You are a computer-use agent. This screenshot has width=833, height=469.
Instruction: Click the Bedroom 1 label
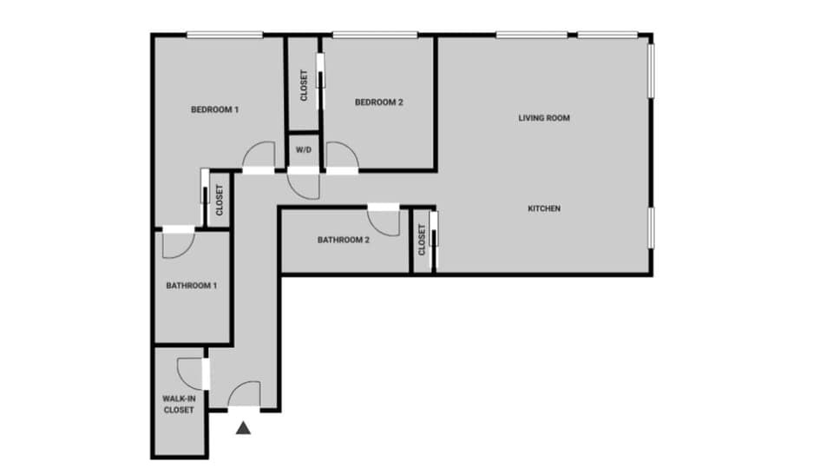tap(214, 110)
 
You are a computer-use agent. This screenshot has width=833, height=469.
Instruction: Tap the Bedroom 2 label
tap(379, 102)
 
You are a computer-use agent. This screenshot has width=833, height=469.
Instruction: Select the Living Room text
tap(544, 118)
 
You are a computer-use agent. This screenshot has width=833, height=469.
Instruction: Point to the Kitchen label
tap(544, 208)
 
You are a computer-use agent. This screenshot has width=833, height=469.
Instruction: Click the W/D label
tap(304, 150)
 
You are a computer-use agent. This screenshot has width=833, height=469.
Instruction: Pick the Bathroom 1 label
tap(192, 286)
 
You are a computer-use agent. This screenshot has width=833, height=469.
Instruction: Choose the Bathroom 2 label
tap(344, 240)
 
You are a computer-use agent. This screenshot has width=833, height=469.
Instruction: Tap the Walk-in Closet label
tap(179, 404)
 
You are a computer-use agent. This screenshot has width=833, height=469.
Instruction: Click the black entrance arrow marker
tap(245, 427)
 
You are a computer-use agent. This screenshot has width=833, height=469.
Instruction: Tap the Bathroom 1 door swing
tap(178, 244)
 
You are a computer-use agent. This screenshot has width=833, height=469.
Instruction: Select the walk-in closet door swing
tap(190, 373)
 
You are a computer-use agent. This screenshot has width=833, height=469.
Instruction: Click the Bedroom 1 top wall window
tap(224, 36)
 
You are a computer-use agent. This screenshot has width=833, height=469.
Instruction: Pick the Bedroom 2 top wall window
tap(375, 36)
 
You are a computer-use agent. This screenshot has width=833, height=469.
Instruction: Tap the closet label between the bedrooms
tap(304, 85)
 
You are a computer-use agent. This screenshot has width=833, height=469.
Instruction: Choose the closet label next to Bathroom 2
tap(422, 241)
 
